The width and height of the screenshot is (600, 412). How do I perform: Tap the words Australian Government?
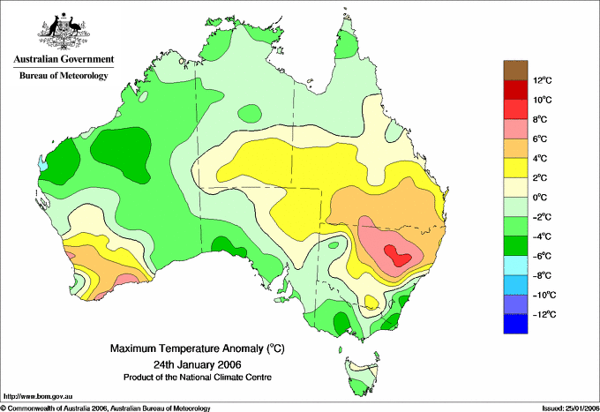click(x=63, y=59)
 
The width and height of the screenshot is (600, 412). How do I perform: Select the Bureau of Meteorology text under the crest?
click(x=63, y=76)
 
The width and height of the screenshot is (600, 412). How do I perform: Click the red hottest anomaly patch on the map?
click(x=398, y=257)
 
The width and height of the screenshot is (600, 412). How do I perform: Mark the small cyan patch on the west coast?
click(x=42, y=162)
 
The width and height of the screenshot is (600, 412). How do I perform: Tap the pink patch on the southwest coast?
click(x=124, y=279)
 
